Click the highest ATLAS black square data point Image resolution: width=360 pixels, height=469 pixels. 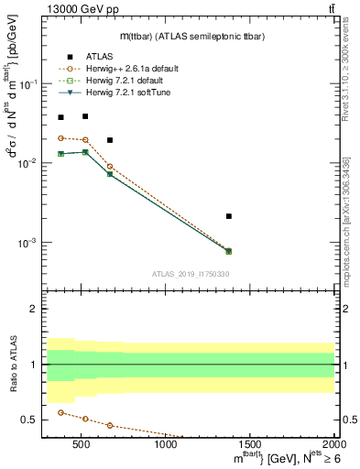85,116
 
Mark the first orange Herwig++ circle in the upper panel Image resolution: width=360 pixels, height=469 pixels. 60,137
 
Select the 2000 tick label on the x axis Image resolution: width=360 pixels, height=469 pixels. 333,444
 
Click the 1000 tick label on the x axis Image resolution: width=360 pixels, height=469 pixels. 166,444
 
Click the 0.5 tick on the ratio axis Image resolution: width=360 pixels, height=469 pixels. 28,420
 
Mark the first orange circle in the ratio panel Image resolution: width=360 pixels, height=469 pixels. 60,412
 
